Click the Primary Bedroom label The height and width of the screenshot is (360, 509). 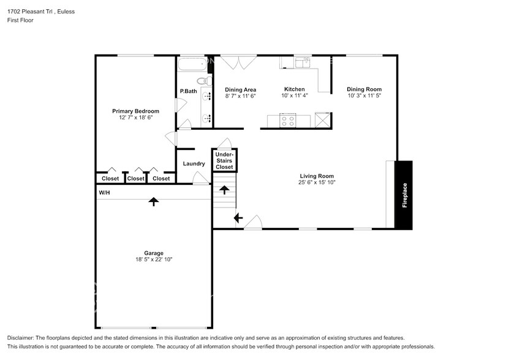pyautogui.click(x=135, y=111)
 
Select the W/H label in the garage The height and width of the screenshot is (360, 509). pyautogui.click(x=105, y=193)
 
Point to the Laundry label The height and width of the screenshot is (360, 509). pyautogui.click(x=194, y=163)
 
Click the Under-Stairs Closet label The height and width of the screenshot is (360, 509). pyautogui.click(x=224, y=160)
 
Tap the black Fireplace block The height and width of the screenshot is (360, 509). pyautogui.click(x=404, y=195)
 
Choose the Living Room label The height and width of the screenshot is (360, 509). pyautogui.click(x=316, y=176)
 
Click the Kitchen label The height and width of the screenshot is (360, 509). pyautogui.click(x=295, y=89)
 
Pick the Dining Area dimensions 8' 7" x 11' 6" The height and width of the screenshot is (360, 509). pyautogui.click(x=240, y=96)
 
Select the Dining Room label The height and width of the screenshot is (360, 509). pyautogui.click(x=364, y=89)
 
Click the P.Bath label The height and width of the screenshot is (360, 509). pyautogui.click(x=188, y=91)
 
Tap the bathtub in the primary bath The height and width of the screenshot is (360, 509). pyautogui.click(x=192, y=66)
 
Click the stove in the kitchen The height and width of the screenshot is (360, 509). pyautogui.click(x=287, y=121)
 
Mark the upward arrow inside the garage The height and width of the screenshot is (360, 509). pyautogui.click(x=153, y=201)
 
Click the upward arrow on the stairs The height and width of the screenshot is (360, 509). pyautogui.click(x=224, y=190)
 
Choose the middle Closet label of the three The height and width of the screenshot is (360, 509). pyautogui.click(x=136, y=179)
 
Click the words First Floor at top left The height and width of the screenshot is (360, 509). pyautogui.click(x=20, y=20)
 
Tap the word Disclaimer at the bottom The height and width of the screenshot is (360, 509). pyautogui.click(x=22, y=338)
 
